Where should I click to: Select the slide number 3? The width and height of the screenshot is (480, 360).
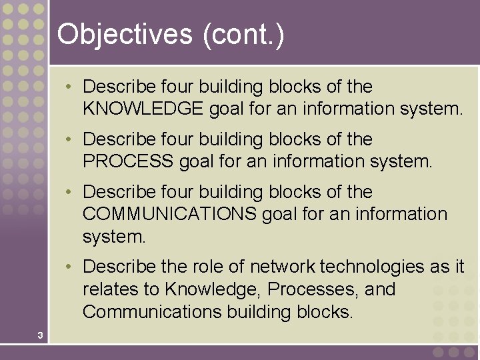click(x=40, y=335)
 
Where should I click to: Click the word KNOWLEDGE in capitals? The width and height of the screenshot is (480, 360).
click(x=143, y=109)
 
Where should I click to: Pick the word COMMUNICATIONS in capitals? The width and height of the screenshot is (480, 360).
click(x=169, y=214)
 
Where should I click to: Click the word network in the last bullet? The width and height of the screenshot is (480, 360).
click(x=283, y=267)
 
